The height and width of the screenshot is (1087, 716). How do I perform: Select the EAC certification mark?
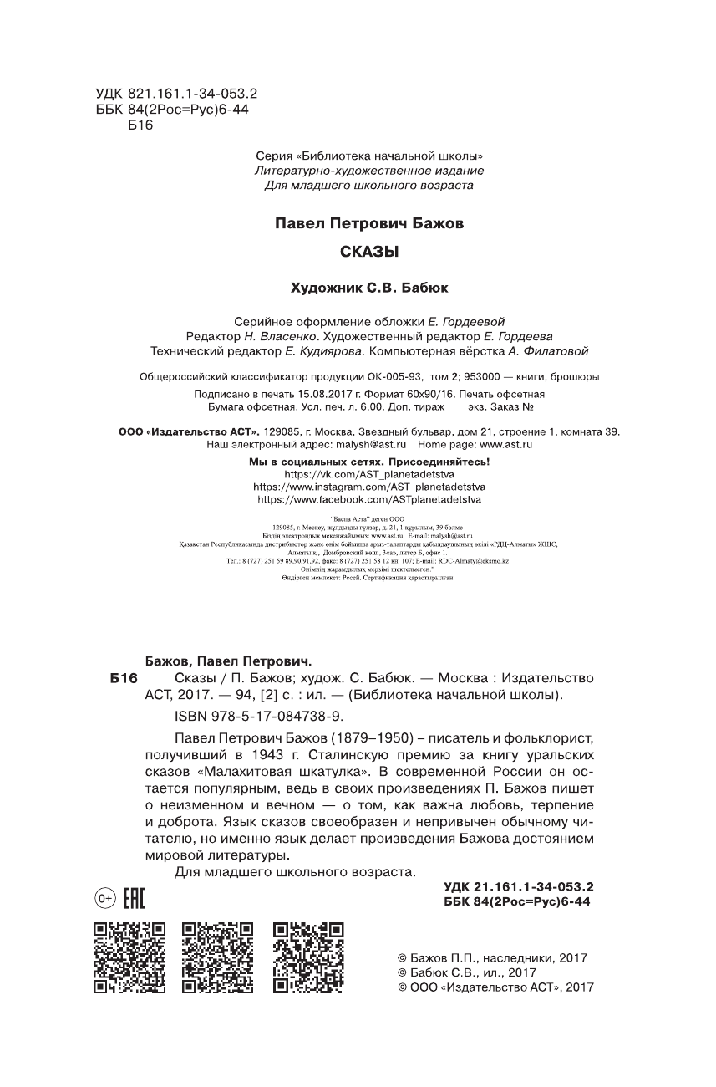134,899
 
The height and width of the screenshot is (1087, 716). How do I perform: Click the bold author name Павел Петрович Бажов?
368,224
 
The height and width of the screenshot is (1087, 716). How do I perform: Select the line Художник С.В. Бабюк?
368,287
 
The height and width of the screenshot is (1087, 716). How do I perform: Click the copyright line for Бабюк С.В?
466,972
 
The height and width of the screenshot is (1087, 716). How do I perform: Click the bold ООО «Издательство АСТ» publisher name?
174,431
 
